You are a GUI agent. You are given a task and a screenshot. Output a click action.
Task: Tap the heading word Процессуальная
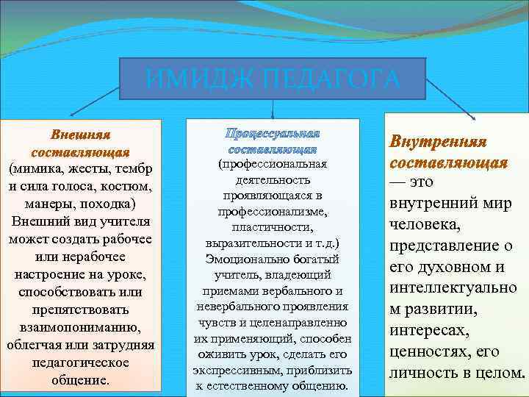click(272, 133)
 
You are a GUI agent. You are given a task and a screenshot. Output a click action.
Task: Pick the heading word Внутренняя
click(449, 140)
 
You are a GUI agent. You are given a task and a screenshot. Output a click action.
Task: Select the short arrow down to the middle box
click(273, 109)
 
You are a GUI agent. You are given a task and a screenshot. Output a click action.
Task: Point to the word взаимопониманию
click(80, 326)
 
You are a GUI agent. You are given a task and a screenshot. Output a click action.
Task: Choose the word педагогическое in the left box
click(80, 362)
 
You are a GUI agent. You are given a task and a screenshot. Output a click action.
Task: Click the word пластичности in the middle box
click(273, 228)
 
